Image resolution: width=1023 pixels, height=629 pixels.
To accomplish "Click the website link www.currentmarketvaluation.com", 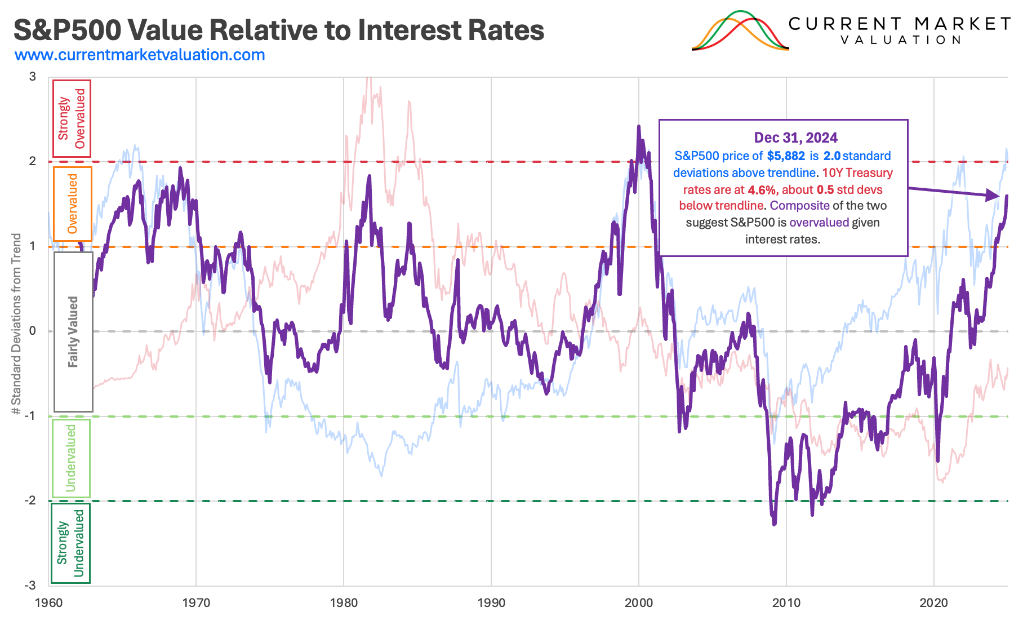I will (140, 55).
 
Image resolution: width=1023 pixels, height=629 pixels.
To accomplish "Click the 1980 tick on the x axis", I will (344, 603).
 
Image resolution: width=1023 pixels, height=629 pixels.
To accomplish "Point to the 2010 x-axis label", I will (786, 603).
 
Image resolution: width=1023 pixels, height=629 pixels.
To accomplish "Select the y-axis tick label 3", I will (33, 77).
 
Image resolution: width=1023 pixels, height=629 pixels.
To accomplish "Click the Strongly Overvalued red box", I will (72, 118).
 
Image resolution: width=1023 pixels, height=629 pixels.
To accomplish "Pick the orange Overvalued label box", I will (72, 203).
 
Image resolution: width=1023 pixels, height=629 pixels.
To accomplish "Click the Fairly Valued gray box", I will (73, 331).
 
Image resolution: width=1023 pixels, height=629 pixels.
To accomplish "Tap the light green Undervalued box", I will (71, 458).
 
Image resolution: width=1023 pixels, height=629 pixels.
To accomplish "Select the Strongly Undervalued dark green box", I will (70, 543).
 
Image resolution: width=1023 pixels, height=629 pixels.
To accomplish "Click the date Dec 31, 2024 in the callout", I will (795, 138).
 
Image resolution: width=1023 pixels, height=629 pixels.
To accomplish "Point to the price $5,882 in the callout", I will (786, 156).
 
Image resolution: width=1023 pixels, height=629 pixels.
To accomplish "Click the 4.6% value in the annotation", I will (762, 190).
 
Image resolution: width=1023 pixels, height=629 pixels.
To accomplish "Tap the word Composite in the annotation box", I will (799, 206).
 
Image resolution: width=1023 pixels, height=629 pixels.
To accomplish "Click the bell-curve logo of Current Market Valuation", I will (740, 32).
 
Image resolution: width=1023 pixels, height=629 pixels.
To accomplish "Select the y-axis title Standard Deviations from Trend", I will (16, 324).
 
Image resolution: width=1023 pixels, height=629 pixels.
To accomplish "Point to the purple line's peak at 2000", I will (638, 127).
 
